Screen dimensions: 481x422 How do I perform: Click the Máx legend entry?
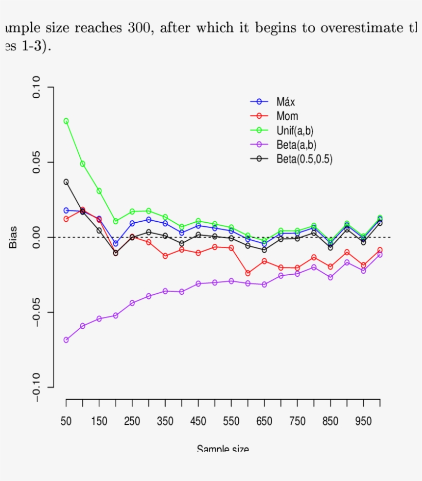[286, 101]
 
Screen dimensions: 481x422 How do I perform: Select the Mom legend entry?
[287, 116]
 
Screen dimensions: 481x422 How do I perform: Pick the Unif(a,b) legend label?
[294, 131]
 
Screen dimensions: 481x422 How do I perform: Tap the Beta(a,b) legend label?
[296, 145]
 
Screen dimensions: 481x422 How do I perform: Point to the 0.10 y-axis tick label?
[37, 88]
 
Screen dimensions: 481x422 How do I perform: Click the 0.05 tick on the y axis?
[37, 163]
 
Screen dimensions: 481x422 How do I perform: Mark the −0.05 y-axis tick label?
[37, 312]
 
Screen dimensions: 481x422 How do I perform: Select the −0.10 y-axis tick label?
[37, 387]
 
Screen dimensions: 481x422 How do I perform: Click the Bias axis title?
[13, 237]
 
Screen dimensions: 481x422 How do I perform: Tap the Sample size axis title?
[223, 448]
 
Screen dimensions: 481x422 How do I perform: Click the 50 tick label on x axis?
[66, 421]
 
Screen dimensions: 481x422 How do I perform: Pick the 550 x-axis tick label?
[231, 421]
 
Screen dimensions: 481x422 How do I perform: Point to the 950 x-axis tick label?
[363, 421]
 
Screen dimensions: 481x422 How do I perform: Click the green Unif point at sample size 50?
[66, 121]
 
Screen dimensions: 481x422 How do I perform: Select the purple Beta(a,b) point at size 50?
[66, 340]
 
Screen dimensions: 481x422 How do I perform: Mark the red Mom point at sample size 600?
[248, 273]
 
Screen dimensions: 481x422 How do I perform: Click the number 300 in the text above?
[138, 28]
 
